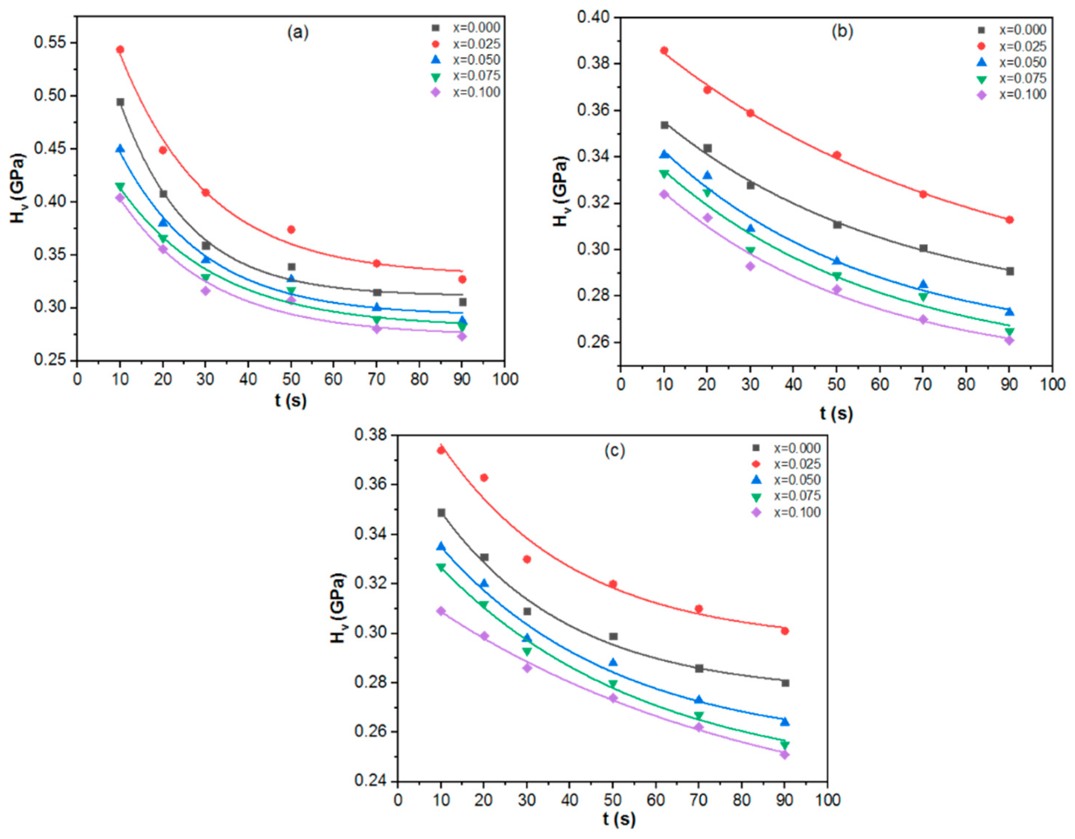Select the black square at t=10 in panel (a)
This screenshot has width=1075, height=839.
click(x=120, y=102)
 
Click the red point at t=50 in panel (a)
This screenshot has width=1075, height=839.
click(x=291, y=229)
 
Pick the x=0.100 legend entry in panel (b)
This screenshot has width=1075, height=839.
click(x=1022, y=94)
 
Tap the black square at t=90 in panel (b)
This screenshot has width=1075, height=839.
click(x=1009, y=271)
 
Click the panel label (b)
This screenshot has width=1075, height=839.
click(x=842, y=31)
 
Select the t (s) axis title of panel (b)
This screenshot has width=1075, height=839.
click(x=836, y=413)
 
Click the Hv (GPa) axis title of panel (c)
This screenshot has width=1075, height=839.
click(x=338, y=608)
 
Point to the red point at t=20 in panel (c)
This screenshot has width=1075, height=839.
click(x=484, y=477)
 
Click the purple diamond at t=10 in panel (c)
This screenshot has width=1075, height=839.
click(x=441, y=611)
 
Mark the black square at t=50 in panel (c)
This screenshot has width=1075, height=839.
click(x=613, y=636)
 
